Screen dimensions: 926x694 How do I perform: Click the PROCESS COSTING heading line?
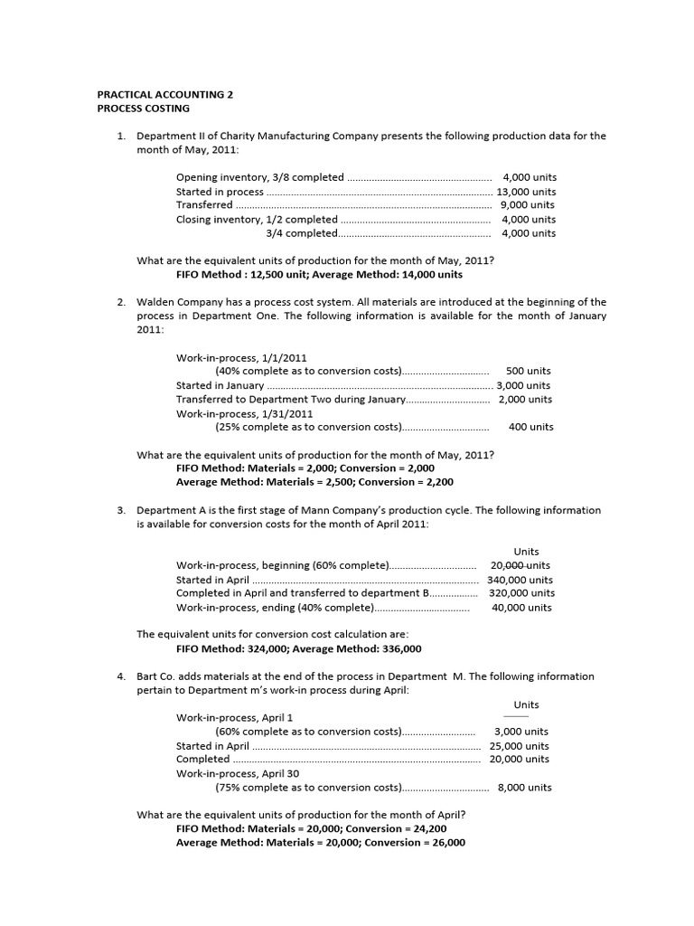pyautogui.click(x=143, y=108)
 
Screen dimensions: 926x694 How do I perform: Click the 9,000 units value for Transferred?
pyautogui.click(x=529, y=205)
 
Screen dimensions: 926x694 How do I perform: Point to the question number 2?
pyautogui.click(x=120, y=302)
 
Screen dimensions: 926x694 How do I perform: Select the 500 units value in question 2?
pyautogui.click(x=528, y=371)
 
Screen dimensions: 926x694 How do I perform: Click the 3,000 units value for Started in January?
pyautogui.click(x=524, y=385)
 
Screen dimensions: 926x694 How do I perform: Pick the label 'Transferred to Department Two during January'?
pyautogui.click(x=291, y=399)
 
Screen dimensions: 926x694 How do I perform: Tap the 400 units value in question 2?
pyautogui.click(x=530, y=427)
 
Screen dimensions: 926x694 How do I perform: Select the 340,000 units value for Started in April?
pyautogui.click(x=520, y=580)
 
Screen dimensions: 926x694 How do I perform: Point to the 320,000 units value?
pyautogui.click(x=521, y=593)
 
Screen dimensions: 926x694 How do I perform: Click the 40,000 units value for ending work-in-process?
pyautogui.click(x=521, y=608)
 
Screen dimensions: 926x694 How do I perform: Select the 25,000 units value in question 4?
pyautogui.click(x=519, y=746)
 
